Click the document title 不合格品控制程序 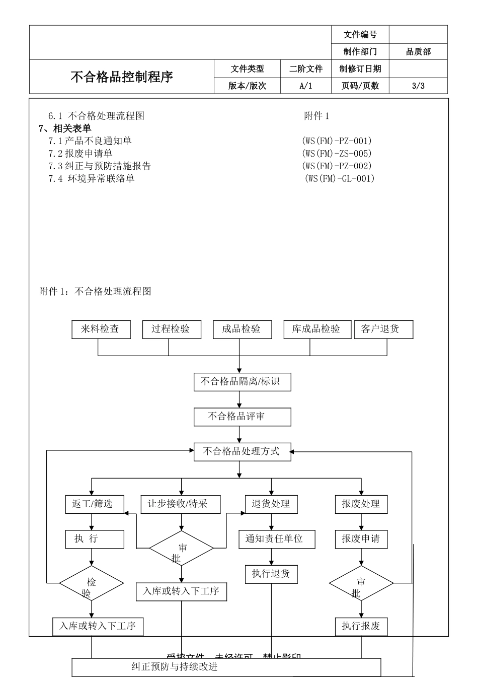click(x=122, y=77)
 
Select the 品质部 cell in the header click(x=418, y=51)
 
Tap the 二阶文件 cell click(x=306, y=69)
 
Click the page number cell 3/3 click(x=418, y=86)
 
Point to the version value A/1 click(x=306, y=86)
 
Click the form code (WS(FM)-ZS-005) click(x=337, y=153)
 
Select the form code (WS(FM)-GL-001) click(x=340, y=178)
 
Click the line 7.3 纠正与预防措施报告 click(x=100, y=166)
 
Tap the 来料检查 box click(x=101, y=329)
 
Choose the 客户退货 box click(x=383, y=329)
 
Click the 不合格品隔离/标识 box click(x=242, y=382)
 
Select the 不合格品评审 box click(x=242, y=417)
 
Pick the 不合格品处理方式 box click(x=242, y=451)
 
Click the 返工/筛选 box click(x=95, y=504)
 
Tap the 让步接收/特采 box click(x=181, y=504)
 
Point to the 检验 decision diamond click(x=92, y=583)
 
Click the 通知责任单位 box click(x=277, y=539)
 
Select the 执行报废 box click(x=361, y=627)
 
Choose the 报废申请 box click(x=361, y=539)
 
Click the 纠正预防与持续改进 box click(x=226, y=667)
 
